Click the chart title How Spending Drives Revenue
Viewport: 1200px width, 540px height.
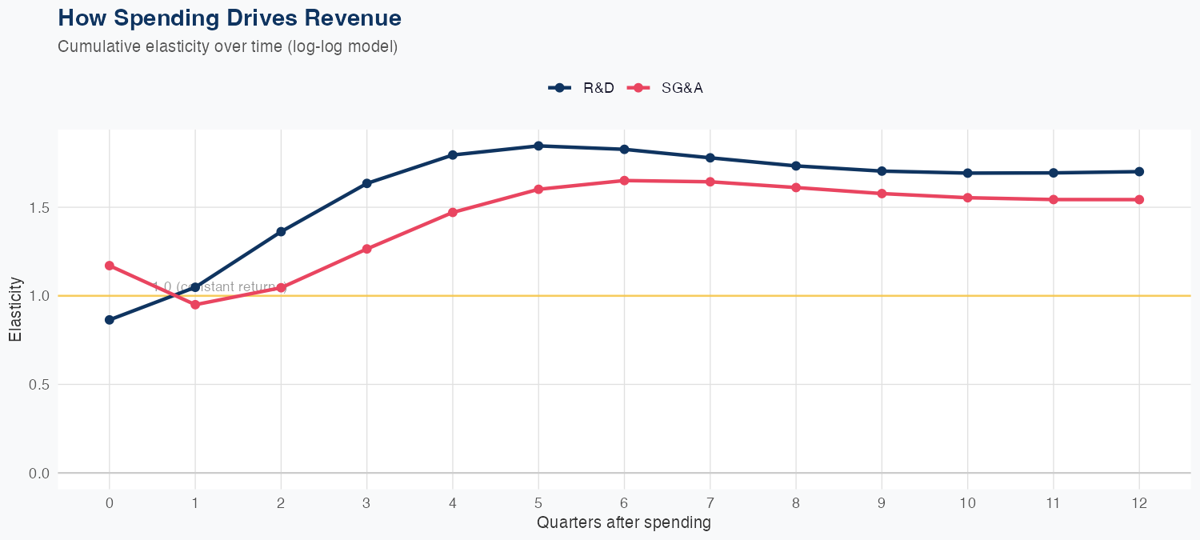230,18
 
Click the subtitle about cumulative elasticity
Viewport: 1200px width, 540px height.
227,46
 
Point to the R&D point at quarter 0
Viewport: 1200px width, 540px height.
110,320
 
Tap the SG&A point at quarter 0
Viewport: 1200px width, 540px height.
110,266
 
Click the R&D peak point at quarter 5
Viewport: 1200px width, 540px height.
538,146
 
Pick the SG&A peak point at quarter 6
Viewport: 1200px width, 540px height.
624,181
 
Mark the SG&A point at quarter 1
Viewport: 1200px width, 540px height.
195,305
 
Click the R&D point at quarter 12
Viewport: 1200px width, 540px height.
1139,171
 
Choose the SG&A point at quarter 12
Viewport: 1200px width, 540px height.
1139,199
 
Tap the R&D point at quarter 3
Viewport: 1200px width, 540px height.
367,183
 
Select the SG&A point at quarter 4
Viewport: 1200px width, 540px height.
453,212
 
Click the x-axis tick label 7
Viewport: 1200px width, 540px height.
710,503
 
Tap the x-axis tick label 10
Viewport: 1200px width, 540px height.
967,503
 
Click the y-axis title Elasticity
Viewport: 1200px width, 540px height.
15,310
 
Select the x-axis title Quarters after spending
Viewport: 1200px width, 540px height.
623,523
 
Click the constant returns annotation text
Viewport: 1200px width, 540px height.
219,286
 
